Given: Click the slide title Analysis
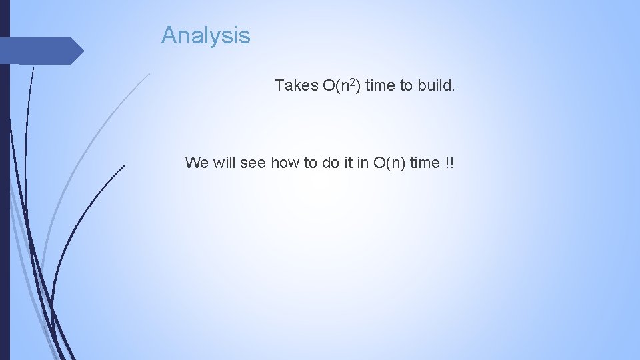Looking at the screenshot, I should click(x=205, y=35).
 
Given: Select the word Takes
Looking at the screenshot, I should click(x=296, y=85).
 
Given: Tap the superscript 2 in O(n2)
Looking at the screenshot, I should click(x=353, y=82).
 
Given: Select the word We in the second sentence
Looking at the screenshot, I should click(x=197, y=162).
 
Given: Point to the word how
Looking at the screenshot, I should click(x=285, y=162).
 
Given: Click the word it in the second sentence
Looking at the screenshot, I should click(x=348, y=162).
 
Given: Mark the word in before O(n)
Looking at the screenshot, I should click(x=363, y=162).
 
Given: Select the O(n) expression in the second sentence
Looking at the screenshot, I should click(x=389, y=162).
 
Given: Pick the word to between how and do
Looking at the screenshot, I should click(x=311, y=162).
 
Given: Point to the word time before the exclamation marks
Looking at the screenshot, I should click(x=425, y=162).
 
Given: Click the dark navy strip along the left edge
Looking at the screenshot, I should click(x=5, y=200).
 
